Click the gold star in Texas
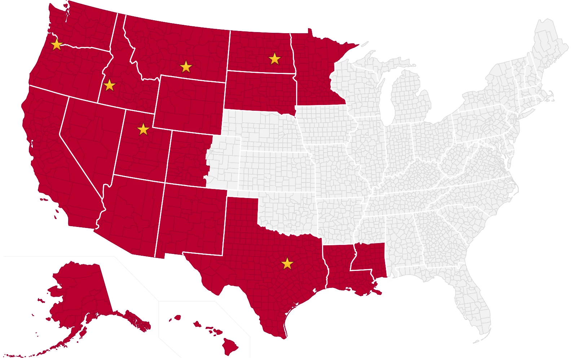(287, 264)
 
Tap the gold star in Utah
(143, 129)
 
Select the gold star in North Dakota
(275, 58)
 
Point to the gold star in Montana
(186, 67)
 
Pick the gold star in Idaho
(109, 85)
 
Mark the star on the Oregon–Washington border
(57, 45)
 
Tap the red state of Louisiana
(337, 267)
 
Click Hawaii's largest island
(229, 346)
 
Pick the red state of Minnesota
(314, 72)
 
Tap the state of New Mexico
(191, 220)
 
